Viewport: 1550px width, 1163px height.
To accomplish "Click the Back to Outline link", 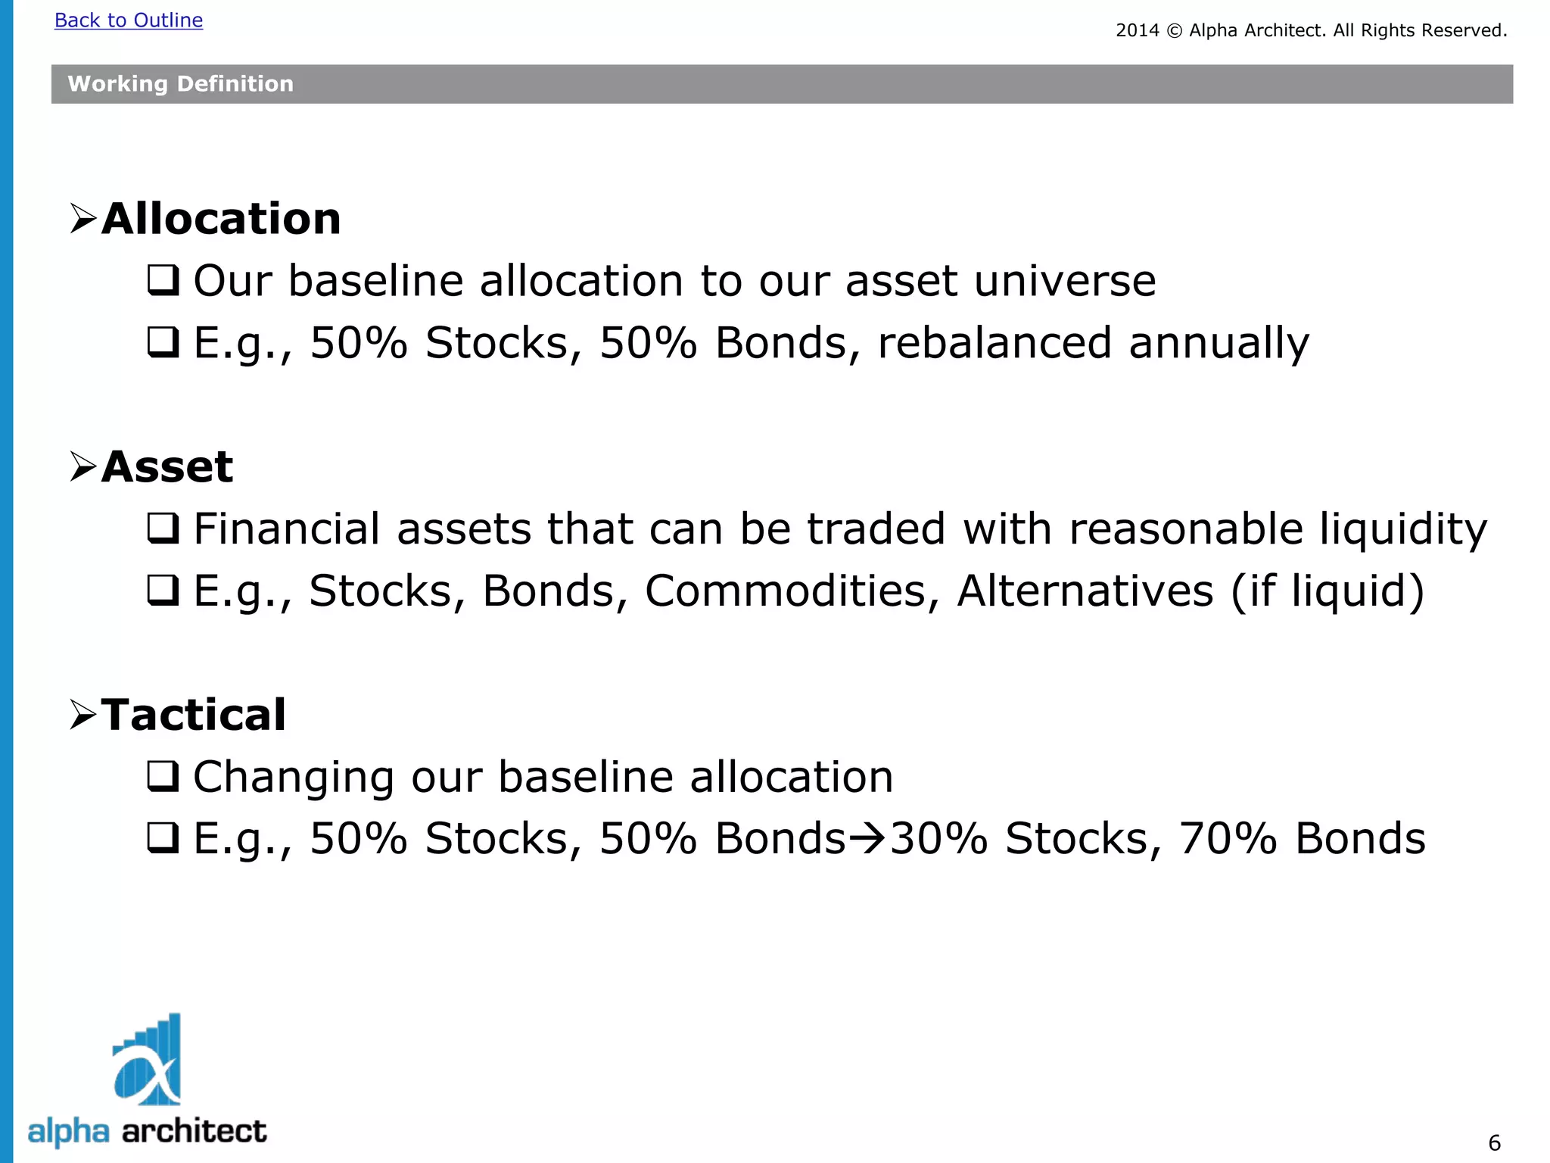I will pyautogui.click(x=129, y=20).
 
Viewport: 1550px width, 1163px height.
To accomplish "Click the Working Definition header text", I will pyautogui.click(x=180, y=84).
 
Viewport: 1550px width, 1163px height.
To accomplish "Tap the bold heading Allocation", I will pyautogui.click(x=221, y=219).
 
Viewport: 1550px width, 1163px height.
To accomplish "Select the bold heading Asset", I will pyautogui.click(x=167, y=466).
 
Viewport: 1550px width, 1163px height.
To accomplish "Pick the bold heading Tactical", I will pyautogui.click(x=194, y=714).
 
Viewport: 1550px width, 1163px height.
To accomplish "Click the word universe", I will pyautogui.click(x=1065, y=281).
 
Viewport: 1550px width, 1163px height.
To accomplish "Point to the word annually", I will pyautogui.click(x=1219, y=343).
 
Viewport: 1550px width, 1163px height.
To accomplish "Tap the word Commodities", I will pyautogui.click(x=792, y=591).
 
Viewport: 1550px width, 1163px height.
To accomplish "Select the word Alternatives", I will pyautogui.click(x=1085, y=591).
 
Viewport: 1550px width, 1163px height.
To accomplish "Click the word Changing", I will pyautogui.click(x=294, y=778).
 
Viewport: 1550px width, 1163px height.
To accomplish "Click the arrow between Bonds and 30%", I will pyautogui.click(x=867, y=838).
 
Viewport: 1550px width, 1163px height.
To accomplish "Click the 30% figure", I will pyautogui.click(x=938, y=839).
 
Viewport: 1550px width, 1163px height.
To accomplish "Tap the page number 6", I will pyautogui.click(x=1494, y=1143).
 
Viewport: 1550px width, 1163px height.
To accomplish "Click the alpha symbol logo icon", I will pyautogui.click(x=148, y=1061).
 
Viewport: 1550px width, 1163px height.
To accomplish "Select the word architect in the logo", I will pyautogui.click(x=195, y=1131).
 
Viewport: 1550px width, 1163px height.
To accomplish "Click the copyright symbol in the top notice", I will pyautogui.click(x=1174, y=31).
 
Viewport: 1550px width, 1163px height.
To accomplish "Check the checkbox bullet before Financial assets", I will pyautogui.click(x=163, y=528).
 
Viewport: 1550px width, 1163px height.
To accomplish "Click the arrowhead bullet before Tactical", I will pyautogui.click(x=82, y=714).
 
